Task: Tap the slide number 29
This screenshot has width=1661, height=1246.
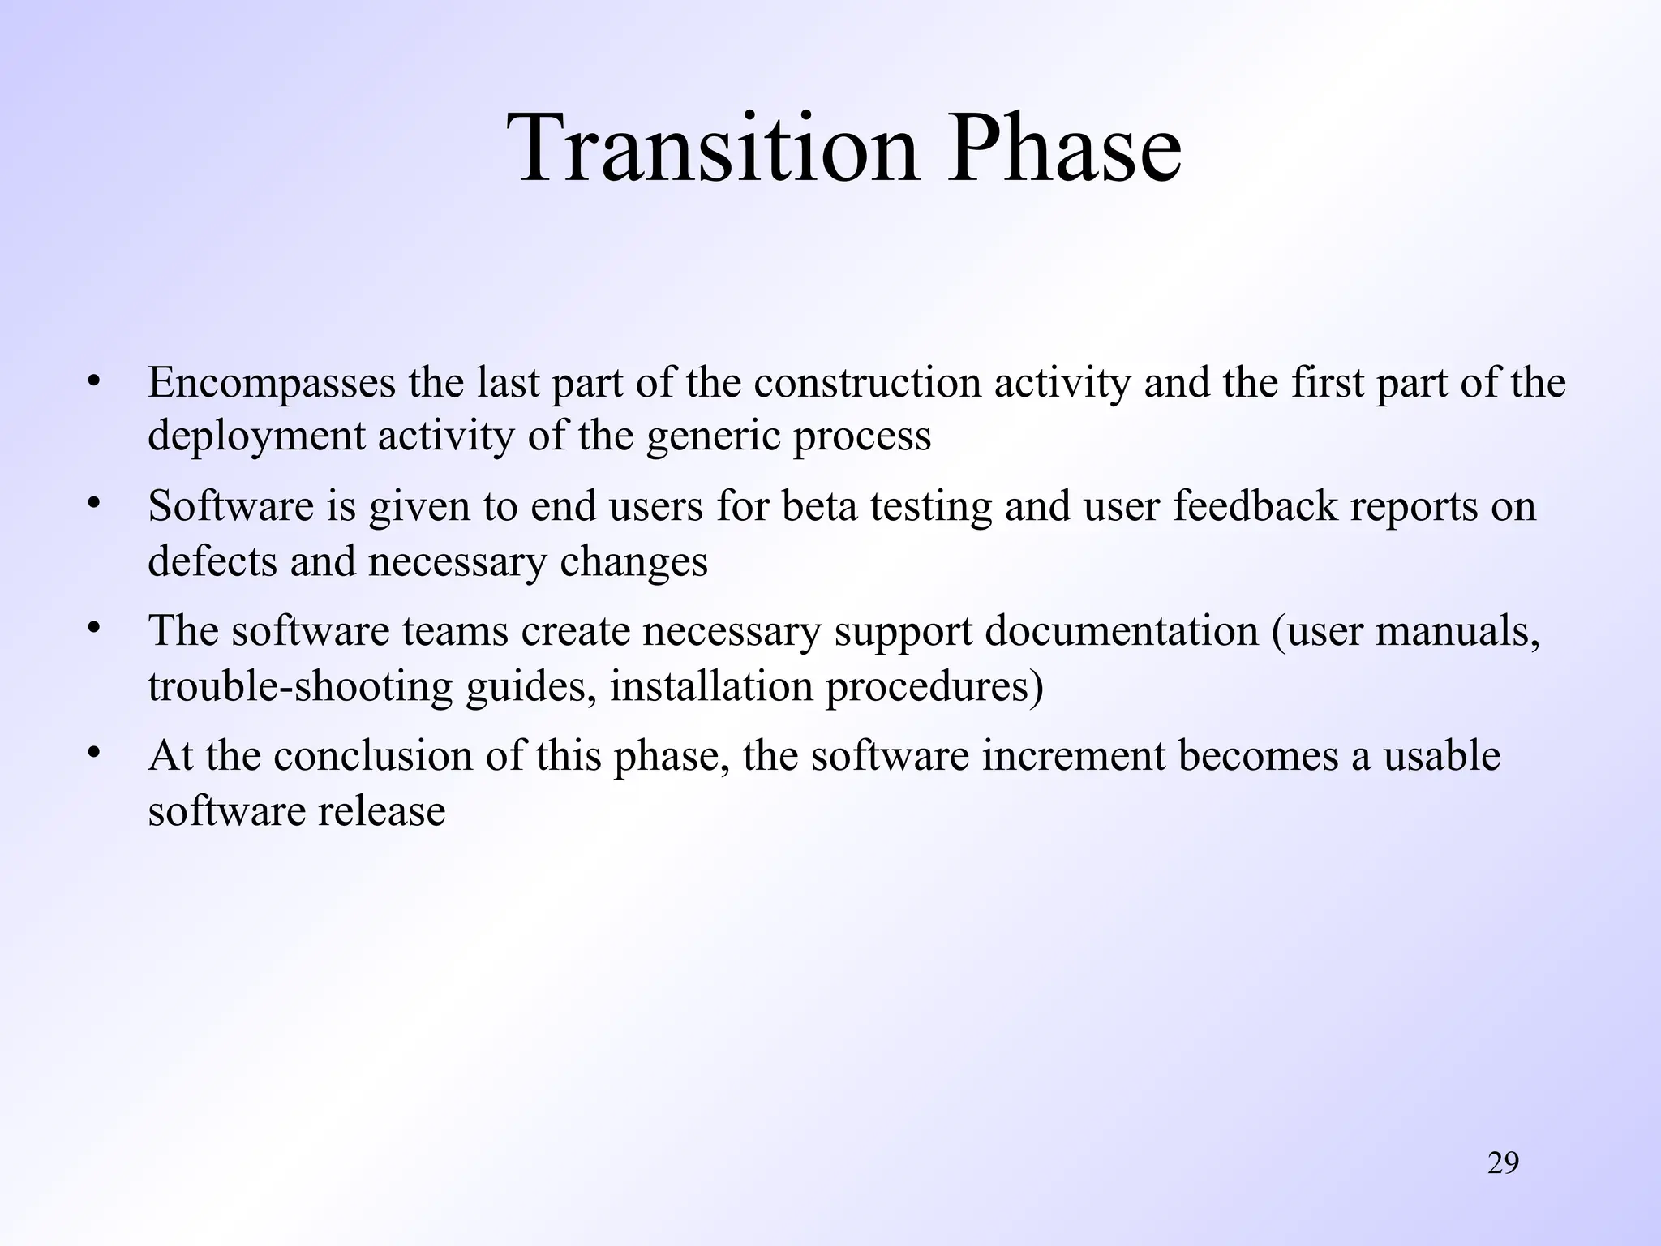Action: click(1503, 1163)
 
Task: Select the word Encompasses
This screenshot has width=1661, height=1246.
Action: click(272, 383)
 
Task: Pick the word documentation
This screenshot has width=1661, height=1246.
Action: click(1121, 631)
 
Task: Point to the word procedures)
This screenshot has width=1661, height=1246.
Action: click(934, 688)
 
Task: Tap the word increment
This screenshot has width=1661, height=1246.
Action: click(1074, 756)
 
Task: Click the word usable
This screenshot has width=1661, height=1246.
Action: click(1442, 756)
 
